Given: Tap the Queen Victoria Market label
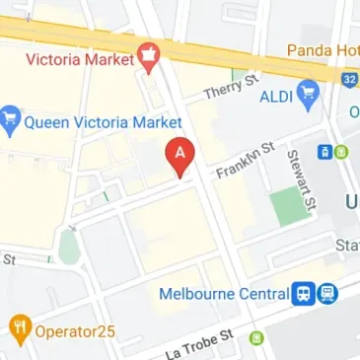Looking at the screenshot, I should click(104, 122).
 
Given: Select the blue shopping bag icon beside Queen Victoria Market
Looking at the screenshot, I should click(11, 121).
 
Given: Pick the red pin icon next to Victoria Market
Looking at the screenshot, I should click(150, 58).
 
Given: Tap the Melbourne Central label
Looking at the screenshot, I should click(223, 294).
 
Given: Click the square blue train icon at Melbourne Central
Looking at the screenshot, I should click(305, 294).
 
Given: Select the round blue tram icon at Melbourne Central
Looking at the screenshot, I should click(327, 294).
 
